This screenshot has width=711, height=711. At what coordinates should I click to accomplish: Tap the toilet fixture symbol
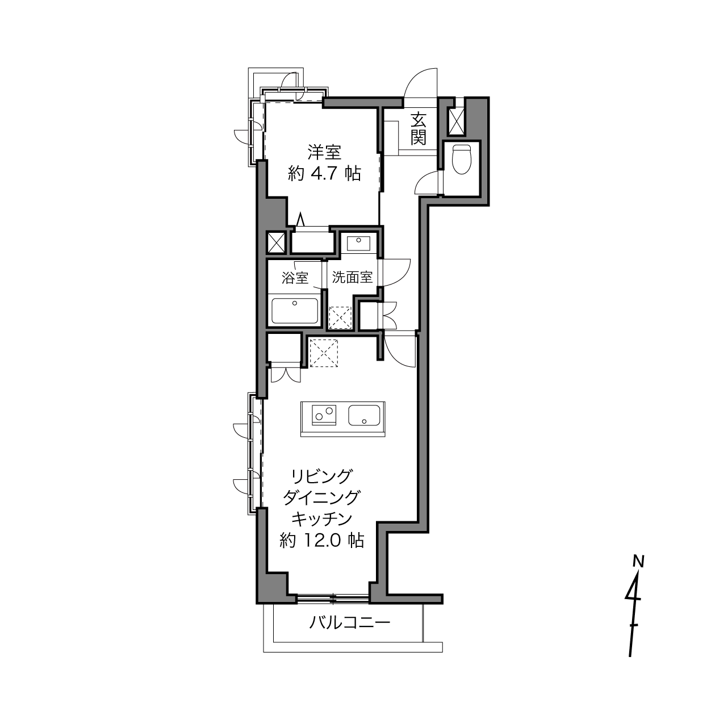(x=462, y=159)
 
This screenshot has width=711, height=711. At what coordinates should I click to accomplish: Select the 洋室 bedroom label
(x=324, y=152)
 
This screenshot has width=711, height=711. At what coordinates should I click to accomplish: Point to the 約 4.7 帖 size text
(x=324, y=173)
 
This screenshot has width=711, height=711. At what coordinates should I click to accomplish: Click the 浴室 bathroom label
(x=295, y=278)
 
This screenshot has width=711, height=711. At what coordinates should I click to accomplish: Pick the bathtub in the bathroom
(x=294, y=310)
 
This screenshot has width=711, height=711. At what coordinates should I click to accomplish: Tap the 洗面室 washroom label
(x=352, y=277)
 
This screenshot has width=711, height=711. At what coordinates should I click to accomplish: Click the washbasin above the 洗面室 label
(x=358, y=243)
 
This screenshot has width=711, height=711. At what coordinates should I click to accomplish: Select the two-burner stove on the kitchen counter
(x=324, y=415)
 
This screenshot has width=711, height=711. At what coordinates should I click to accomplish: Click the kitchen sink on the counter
(x=365, y=415)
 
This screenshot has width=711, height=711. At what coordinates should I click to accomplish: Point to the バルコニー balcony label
(x=349, y=624)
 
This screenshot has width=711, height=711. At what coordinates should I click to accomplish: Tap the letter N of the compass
(x=639, y=562)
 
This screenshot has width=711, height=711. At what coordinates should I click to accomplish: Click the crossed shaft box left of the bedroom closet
(x=276, y=242)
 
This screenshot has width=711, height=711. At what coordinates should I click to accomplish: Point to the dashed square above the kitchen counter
(x=324, y=353)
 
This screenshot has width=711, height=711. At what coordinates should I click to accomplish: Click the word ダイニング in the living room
(x=321, y=497)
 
